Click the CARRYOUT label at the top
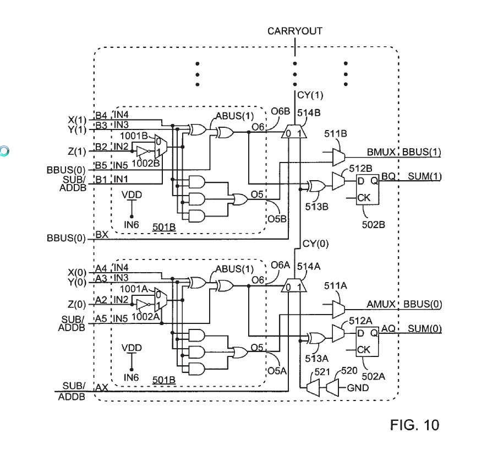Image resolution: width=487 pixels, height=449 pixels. tap(295, 31)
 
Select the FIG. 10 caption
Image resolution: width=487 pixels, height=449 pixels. tap(415, 425)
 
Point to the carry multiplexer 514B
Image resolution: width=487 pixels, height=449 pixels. tap(294, 133)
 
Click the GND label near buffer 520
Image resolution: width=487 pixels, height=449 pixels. tap(358, 388)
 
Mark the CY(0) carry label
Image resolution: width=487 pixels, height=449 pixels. tap(315, 244)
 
